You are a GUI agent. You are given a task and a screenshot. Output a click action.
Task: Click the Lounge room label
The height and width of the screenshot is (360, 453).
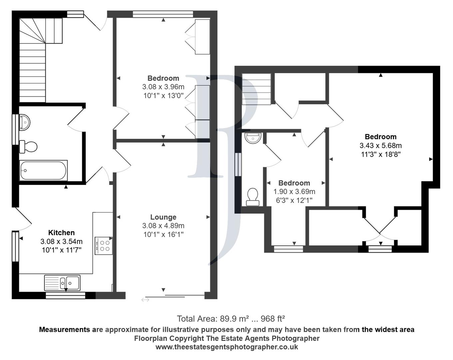coord(163,217)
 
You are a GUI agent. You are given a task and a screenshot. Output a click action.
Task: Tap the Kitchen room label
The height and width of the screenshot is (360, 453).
coord(61,233)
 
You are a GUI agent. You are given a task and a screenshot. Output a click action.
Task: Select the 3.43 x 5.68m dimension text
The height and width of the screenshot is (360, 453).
coord(380,146)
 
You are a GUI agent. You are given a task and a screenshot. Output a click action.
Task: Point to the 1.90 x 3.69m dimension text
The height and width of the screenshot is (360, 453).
coord(294,192)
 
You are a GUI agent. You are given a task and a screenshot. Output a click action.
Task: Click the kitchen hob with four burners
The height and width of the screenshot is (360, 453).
coord(103,246)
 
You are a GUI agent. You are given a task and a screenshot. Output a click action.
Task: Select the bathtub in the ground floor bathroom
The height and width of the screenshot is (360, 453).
coord(43,170)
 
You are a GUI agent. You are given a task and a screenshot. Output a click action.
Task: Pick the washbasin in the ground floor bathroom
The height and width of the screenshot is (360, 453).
coord(25,122)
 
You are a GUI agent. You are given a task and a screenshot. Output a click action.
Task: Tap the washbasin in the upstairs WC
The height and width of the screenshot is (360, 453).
coord(253,137)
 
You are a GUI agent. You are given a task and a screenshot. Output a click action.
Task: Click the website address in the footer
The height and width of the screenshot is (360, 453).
coord(226,347)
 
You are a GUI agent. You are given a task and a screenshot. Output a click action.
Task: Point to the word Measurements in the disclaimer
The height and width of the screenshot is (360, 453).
coord(64,330)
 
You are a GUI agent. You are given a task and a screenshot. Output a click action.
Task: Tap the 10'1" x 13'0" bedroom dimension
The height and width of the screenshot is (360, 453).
coord(163,96)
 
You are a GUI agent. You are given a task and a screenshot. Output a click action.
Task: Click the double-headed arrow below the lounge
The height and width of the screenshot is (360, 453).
coord(145,300)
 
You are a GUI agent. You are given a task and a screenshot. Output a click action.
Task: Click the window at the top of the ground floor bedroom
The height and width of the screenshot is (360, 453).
coord(163,14)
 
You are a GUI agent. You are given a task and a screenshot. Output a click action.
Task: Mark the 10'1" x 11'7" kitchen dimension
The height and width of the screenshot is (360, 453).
coord(61,250)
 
